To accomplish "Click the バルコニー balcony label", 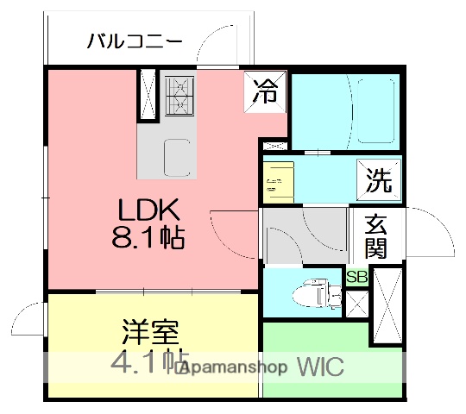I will [x=135, y=40].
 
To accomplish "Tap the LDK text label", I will [x=148, y=210].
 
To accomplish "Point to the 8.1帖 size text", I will [x=148, y=237].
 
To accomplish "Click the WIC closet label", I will [x=321, y=367].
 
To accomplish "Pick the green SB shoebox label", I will [x=356, y=277].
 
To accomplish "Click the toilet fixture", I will [x=316, y=294].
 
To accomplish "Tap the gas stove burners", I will [x=179, y=94].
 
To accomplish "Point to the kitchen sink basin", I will [x=178, y=156].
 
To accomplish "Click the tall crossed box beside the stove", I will [x=147, y=94].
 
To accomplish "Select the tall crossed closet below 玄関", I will [x=387, y=305].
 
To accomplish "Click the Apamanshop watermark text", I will [x=233, y=367].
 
